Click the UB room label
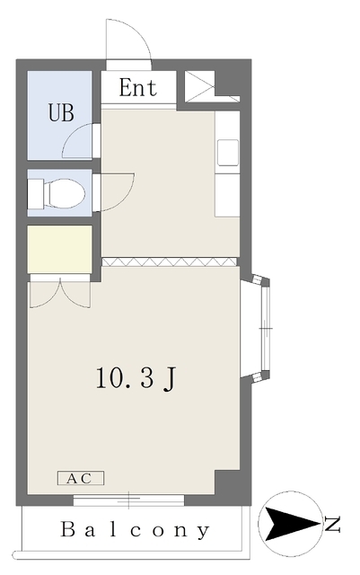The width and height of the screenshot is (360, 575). click(x=61, y=112)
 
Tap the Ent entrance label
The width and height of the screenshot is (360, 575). click(x=138, y=88)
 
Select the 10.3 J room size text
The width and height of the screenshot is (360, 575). click(x=136, y=377)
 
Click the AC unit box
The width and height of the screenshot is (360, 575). click(x=81, y=478)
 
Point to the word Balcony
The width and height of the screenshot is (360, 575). click(x=135, y=529)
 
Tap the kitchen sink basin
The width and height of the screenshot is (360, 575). click(x=228, y=153)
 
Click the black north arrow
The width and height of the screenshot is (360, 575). click(x=291, y=524)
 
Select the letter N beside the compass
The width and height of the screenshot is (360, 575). click(x=332, y=524)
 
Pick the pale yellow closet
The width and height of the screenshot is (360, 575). click(x=59, y=249)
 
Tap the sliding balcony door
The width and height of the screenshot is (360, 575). click(x=128, y=500)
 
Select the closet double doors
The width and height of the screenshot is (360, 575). click(x=60, y=294)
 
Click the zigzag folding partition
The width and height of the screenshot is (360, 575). click(x=170, y=261)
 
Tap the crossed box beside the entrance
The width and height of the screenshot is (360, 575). click(x=199, y=86)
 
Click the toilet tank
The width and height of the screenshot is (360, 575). click(x=36, y=193)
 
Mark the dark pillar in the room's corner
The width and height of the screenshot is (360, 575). click(x=227, y=482)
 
